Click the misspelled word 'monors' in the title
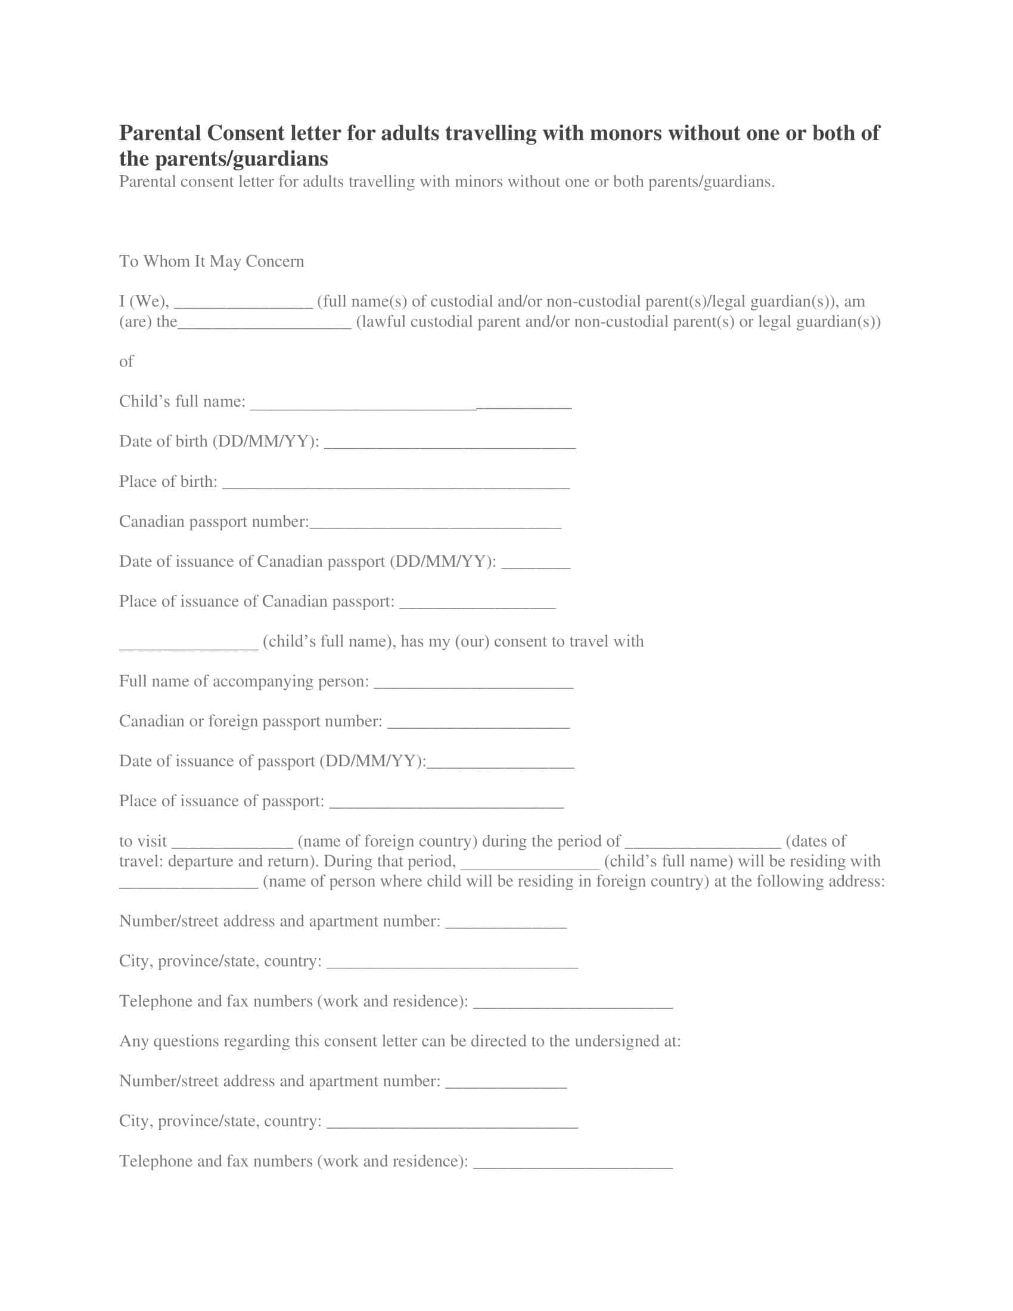626,133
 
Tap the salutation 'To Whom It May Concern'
212,261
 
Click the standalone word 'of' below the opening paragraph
126,361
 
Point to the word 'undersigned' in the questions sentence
616,1041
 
